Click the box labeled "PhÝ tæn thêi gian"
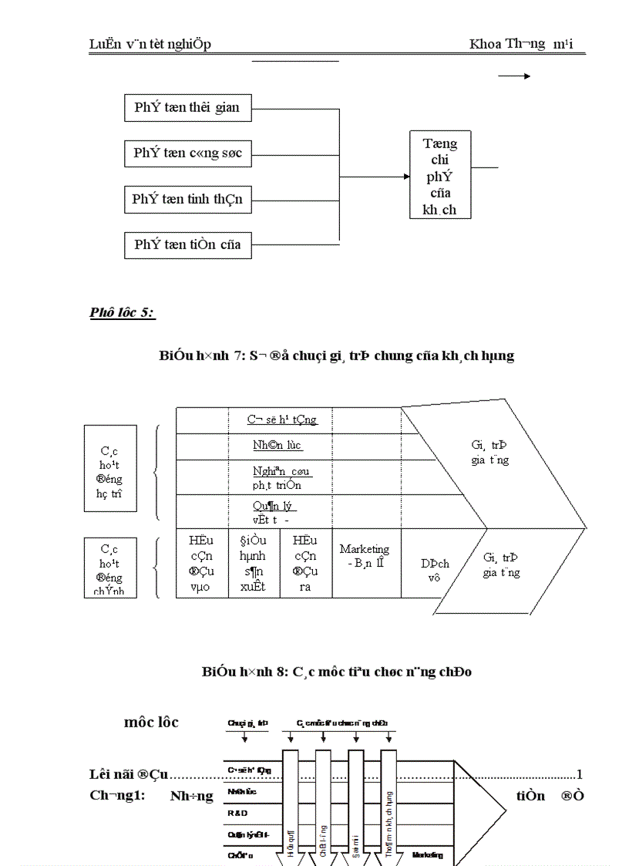(x=187, y=108)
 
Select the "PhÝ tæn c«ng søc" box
(x=187, y=153)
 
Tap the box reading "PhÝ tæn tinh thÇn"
(x=187, y=200)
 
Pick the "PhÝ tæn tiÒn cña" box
(x=187, y=245)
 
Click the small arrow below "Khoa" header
(x=514, y=76)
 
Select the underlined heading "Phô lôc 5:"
(x=123, y=312)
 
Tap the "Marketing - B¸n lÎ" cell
(x=365, y=555)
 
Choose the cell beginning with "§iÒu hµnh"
(x=254, y=563)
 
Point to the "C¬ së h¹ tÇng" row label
(x=281, y=420)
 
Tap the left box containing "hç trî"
(x=109, y=468)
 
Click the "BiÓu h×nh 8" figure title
(x=337, y=672)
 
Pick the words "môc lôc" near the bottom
(x=151, y=723)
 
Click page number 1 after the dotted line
(x=580, y=774)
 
